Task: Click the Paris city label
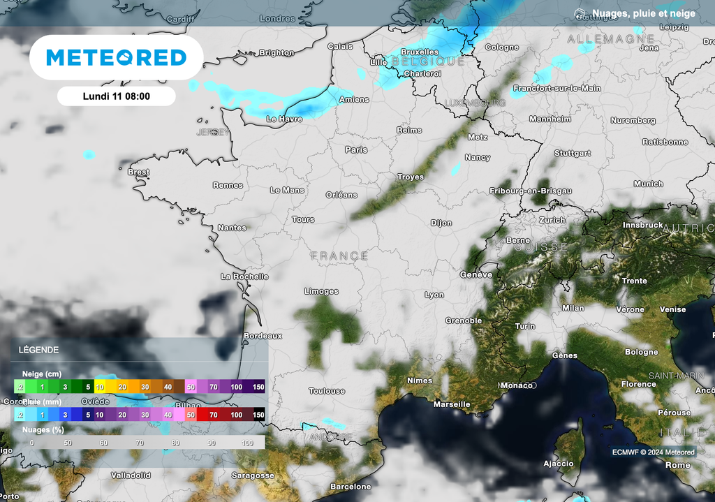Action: [x=356, y=149]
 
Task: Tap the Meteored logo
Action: [x=116, y=57]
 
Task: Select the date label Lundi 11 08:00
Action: [x=116, y=96]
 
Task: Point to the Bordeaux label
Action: [x=263, y=336]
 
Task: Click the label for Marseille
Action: [x=451, y=404]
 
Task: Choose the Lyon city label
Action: [x=434, y=295]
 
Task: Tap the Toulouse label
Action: [x=327, y=392]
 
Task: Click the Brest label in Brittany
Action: [x=139, y=172]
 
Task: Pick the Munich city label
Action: [x=649, y=184]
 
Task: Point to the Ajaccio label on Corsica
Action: [x=559, y=464]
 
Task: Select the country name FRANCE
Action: [x=339, y=256]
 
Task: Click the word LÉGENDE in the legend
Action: [x=39, y=350]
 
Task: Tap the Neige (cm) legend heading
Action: [x=41, y=374]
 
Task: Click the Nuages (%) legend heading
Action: [x=41, y=429]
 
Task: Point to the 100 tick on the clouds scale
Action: [x=247, y=443]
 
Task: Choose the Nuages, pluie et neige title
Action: [x=643, y=13]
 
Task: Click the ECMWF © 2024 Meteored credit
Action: [x=654, y=452]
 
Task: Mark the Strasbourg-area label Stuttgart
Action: [x=573, y=153]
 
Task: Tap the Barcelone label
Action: [x=351, y=487]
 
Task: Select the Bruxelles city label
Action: [x=420, y=52]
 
